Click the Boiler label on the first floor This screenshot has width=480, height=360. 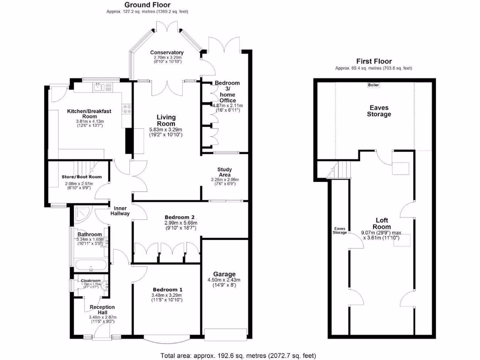(374, 85)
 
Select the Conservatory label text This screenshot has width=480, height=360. (166, 52)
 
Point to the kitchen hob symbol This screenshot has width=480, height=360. (127, 109)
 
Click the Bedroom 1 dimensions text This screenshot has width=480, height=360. (166, 298)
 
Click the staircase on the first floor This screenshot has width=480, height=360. (343, 169)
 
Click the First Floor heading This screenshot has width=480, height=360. (374, 61)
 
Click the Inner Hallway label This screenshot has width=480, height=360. (120, 210)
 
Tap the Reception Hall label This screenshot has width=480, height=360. (102, 310)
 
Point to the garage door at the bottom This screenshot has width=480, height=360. (225, 334)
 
